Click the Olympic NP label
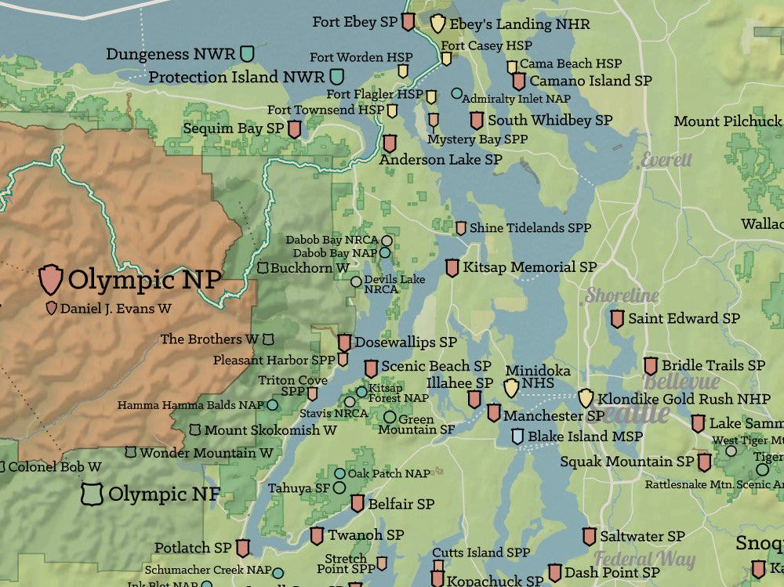click(144, 280)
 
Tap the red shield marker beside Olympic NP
click(51, 279)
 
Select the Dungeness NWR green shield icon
click(248, 53)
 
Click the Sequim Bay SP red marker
click(295, 129)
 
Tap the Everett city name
click(666, 160)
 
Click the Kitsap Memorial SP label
click(529, 267)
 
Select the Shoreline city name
click(622, 295)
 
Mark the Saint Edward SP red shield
click(617, 319)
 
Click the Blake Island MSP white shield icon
click(517, 437)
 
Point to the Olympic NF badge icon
click(93, 494)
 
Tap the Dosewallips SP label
click(405, 342)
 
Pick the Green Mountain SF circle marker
click(390, 417)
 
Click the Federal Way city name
click(644, 559)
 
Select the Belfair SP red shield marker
click(358, 503)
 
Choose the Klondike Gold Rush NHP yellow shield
click(586, 398)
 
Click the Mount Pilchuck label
click(728, 121)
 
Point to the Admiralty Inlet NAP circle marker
click(457, 93)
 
